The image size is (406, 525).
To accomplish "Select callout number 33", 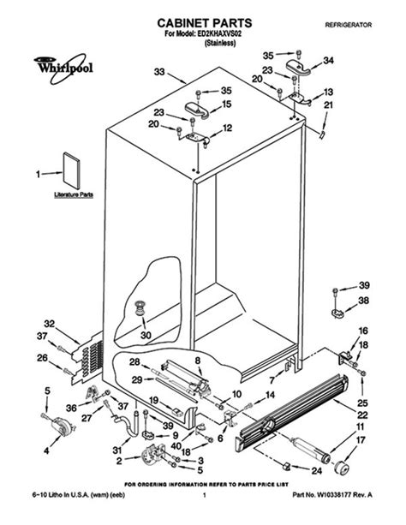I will coord(158,71).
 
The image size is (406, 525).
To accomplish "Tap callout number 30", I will coord(146,335).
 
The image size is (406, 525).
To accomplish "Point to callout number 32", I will coord(50,324).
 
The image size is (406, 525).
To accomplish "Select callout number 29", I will coord(136,379).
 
